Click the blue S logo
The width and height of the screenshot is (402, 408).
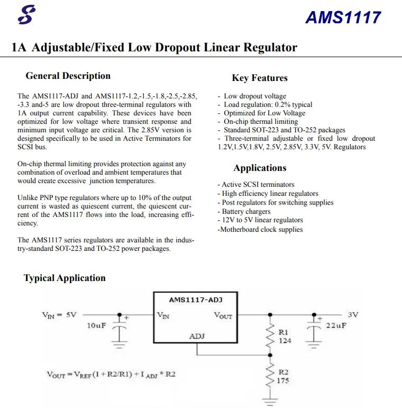pos(26,15)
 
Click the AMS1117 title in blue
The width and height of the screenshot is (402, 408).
pos(343,17)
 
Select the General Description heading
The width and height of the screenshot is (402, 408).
pos(68,76)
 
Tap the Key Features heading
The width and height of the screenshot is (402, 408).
pos(260,78)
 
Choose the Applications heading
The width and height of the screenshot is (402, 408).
pos(260,168)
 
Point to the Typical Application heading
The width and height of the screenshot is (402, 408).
pos(65,278)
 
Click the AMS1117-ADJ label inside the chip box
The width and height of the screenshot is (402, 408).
pos(196,300)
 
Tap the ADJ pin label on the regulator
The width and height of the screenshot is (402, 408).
pos(197,336)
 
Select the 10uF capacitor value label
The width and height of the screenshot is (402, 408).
pos(96,325)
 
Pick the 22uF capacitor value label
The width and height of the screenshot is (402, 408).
pos(336,325)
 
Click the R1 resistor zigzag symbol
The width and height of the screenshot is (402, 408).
pos(270,336)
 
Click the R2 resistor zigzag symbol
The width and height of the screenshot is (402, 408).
pos(270,376)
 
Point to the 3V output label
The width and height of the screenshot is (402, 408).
pos(353,315)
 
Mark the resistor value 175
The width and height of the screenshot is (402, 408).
pos(283,381)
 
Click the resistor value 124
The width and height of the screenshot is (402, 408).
pos(285,341)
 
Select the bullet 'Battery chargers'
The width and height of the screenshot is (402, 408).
pos(244,212)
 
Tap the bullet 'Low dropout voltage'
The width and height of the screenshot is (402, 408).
pos(252,96)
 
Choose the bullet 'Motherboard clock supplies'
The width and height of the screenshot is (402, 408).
pos(260,230)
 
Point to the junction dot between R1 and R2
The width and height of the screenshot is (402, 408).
pos(270,355)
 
